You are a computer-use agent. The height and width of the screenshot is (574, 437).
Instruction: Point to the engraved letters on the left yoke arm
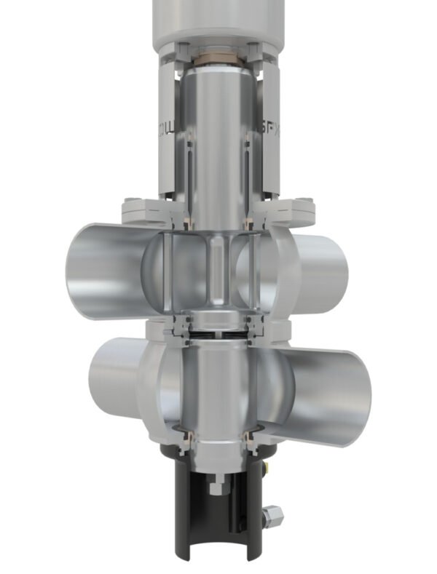click(x=162, y=131)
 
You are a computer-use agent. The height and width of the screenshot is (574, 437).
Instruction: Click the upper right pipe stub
click(x=320, y=270)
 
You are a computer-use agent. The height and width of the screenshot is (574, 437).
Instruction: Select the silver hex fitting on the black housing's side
click(x=274, y=516)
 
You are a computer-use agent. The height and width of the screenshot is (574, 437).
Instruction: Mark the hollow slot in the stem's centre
click(x=217, y=269)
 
